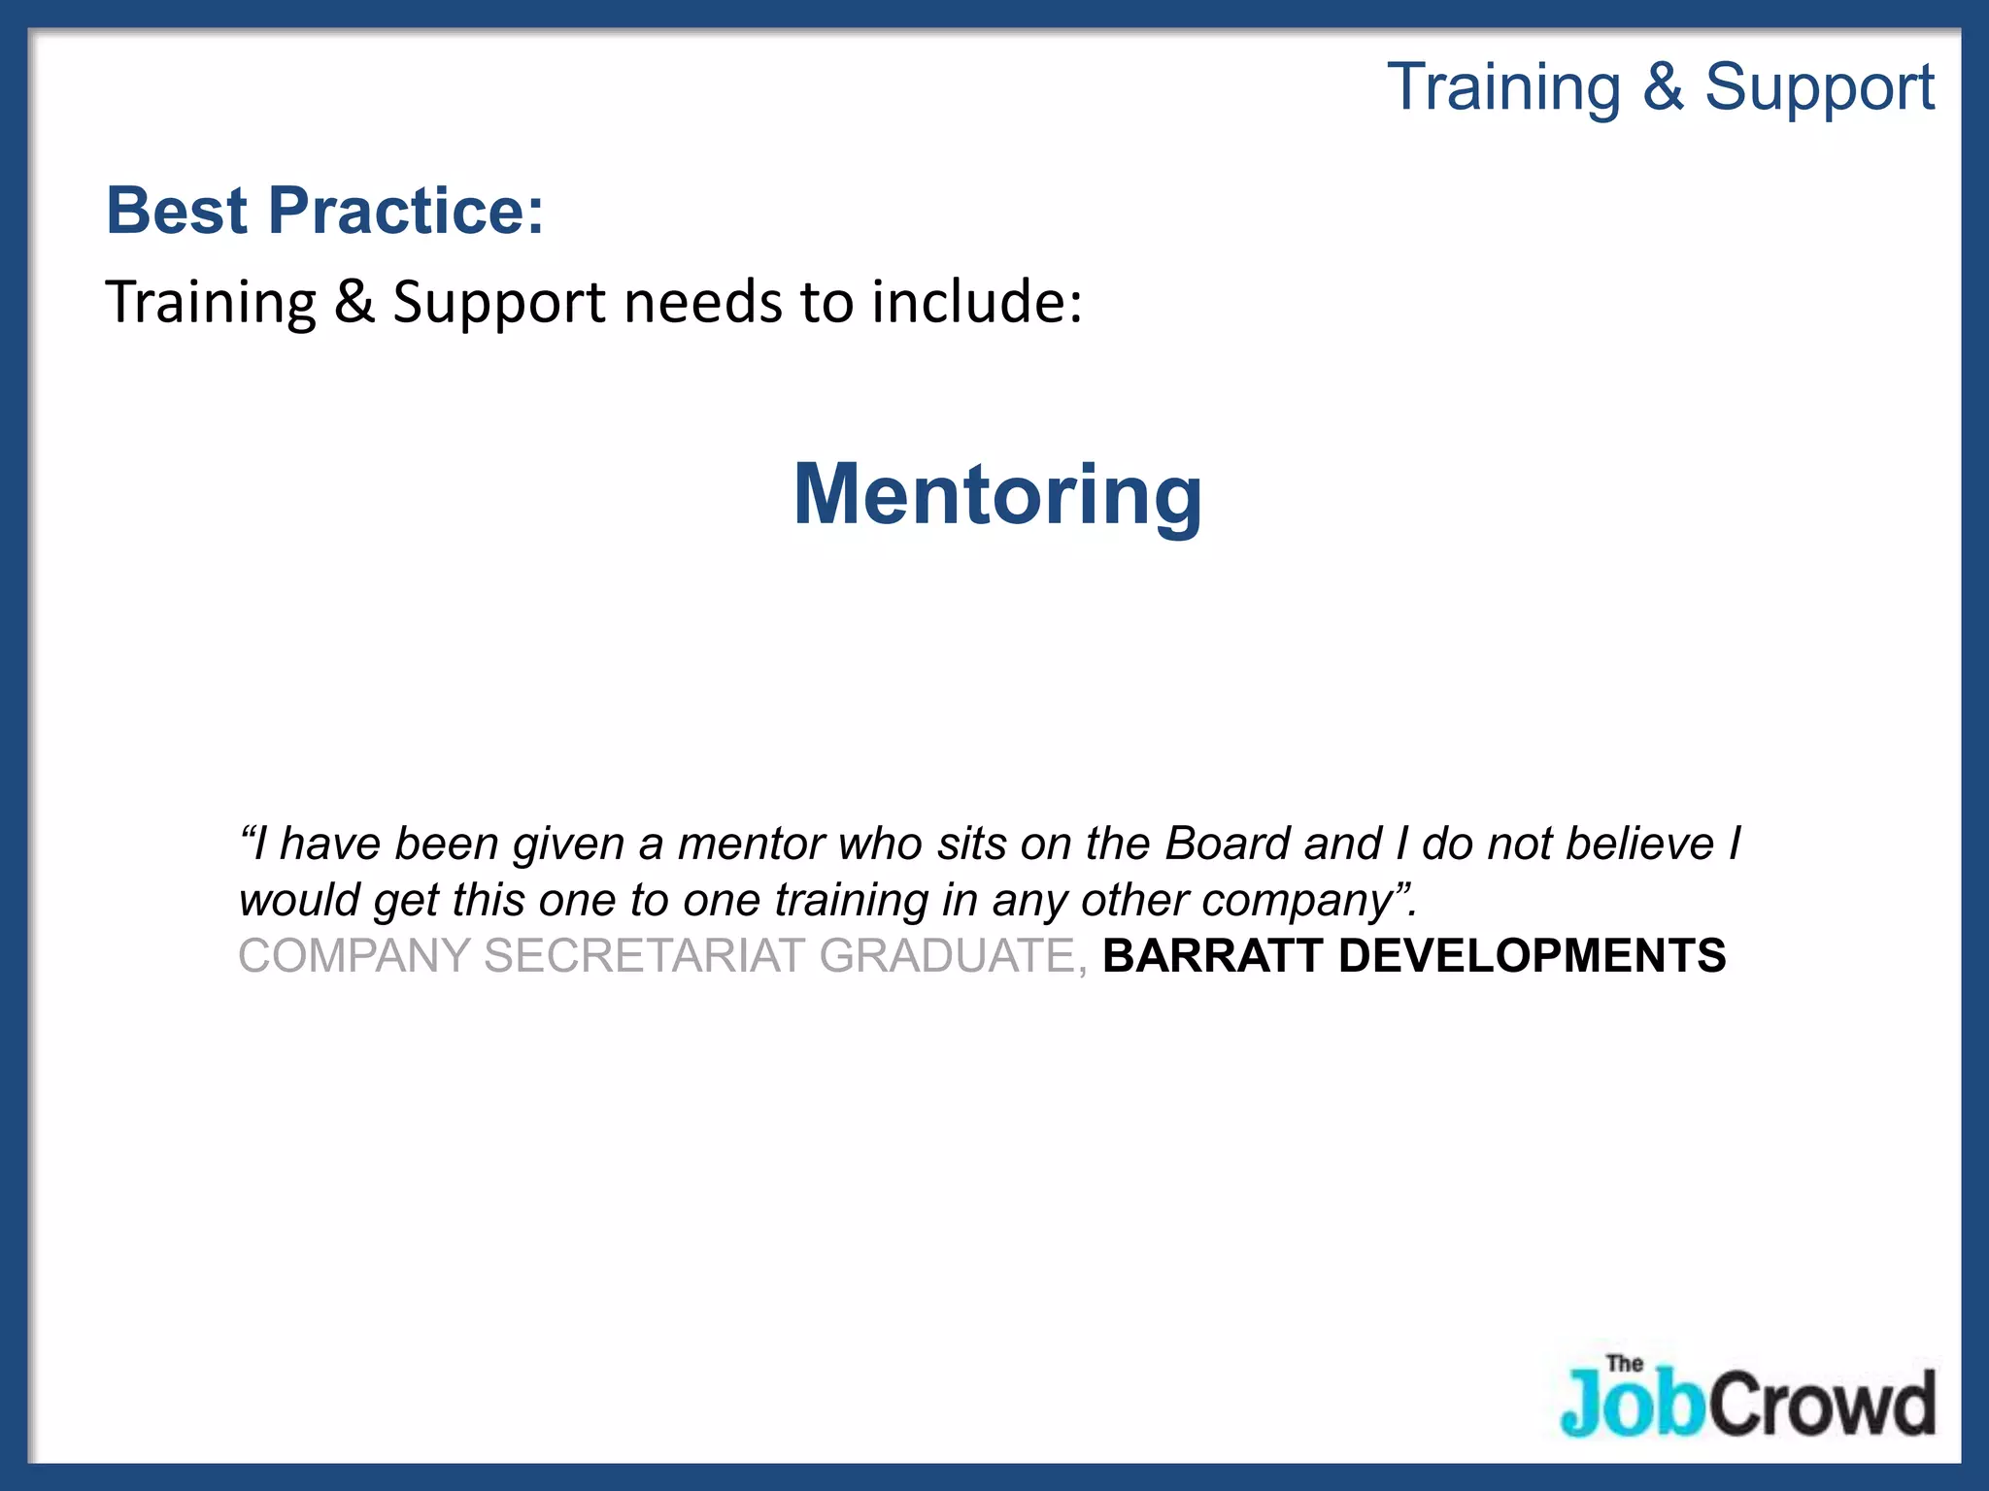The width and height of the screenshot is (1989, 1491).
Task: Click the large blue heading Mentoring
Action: (x=997, y=495)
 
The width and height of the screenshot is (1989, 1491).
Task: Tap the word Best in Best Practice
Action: (x=177, y=211)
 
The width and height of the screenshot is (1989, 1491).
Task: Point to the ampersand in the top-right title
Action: (x=1663, y=87)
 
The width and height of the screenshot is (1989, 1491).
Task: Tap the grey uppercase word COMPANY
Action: (x=354, y=956)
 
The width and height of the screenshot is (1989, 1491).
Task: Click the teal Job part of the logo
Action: (x=1632, y=1404)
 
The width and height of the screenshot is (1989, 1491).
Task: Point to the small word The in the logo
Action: (x=1624, y=1364)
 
